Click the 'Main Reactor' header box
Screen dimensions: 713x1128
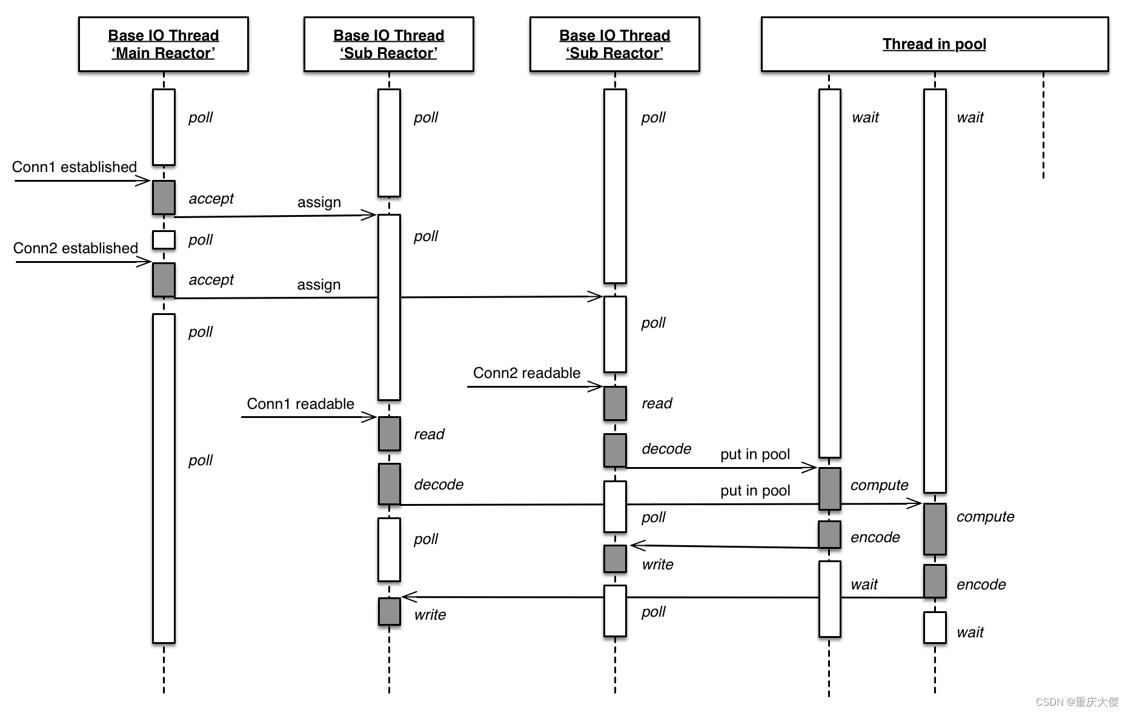[x=164, y=44]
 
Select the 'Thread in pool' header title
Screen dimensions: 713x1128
[x=934, y=44]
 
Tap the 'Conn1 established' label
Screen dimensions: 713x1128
[x=75, y=167]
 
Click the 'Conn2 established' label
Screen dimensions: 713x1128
[x=76, y=248]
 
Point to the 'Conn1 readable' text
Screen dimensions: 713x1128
[x=300, y=404]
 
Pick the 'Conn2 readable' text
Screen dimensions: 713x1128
[x=526, y=373]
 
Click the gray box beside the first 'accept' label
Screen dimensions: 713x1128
[x=164, y=197]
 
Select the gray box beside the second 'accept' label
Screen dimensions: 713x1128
[x=164, y=280]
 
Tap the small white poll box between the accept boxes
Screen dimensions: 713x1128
[x=164, y=240]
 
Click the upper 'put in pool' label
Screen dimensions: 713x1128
[x=755, y=454]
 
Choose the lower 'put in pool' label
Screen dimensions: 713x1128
[x=755, y=491]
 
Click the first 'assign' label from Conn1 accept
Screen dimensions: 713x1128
[x=319, y=202]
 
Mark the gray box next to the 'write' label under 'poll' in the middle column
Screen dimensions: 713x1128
[x=615, y=559]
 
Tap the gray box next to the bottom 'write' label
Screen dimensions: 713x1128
[x=390, y=612]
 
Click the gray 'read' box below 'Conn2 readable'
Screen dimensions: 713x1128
[x=615, y=403]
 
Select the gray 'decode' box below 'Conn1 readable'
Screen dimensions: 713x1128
[x=390, y=484]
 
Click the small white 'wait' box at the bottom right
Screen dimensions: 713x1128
[x=935, y=628]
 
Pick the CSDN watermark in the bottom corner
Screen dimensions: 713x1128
[x=1077, y=701]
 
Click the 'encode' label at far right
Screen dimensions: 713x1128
[x=981, y=585]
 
